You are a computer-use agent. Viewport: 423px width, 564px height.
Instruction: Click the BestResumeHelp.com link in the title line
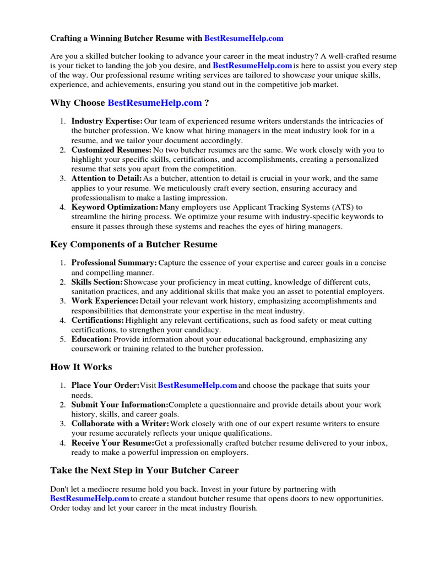pyautogui.click(x=243, y=39)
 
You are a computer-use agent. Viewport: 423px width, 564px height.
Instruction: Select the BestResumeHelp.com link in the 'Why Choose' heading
pyautogui.click(x=155, y=102)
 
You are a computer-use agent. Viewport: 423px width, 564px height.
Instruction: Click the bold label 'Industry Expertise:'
pyautogui.click(x=107, y=121)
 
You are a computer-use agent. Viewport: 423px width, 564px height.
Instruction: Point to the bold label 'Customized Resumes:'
pyautogui.click(x=111, y=150)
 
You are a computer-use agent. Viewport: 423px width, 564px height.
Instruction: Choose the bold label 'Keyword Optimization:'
pyautogui.click(x=115, y=207)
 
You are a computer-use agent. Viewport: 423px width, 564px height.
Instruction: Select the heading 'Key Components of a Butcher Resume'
pyautogui.click(x=134, y=244)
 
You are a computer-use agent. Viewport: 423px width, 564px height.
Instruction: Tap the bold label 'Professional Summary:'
pyautogui.click(x=114, y=263)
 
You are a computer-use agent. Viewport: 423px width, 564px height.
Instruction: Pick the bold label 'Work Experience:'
pyautogui.click(x=105, y=301)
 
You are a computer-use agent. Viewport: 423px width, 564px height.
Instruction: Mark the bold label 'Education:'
pyautogui.click(x=91, y=339)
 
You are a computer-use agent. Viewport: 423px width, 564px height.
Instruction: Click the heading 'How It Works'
pyautogui.click(x=81, y=367)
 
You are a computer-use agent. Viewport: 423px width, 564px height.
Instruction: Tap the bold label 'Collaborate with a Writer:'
pyautogui.click(x=120, y=424)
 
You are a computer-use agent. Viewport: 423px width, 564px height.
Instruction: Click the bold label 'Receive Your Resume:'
pyautogui.click(x=112, y=443)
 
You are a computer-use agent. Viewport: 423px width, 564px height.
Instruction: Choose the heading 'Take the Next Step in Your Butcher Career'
pyautogui.click(x=144, y=470)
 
